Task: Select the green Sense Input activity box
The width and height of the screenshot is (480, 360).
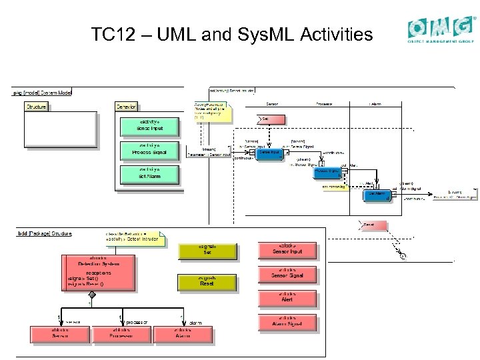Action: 140,125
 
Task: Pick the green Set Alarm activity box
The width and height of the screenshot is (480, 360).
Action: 140,174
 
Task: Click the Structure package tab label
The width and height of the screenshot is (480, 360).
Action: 36,107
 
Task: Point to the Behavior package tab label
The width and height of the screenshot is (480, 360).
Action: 126,107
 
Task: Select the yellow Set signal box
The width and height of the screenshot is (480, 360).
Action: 207,251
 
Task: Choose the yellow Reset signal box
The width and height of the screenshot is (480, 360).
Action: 207,282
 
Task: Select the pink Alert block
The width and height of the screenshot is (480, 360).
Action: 287,298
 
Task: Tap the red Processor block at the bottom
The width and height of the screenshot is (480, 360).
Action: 121,333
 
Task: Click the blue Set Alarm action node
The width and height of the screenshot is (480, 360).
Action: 377,195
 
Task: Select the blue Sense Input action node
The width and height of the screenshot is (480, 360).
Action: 269,153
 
